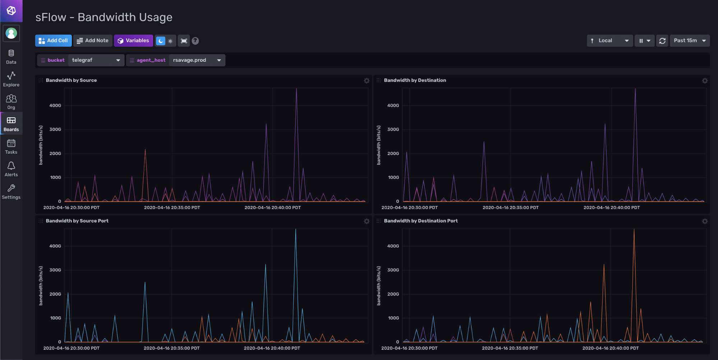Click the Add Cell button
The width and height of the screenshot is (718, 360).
click(x=53, y=41)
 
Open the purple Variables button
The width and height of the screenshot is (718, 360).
click(x=133, y=41)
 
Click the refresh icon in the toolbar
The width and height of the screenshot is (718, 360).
click(x=662, y=41)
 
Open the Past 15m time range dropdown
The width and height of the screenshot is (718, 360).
click(x=689, y=41)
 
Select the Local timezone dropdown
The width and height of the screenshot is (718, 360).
click(x=610, y=41)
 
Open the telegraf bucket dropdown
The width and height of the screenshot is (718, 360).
click(x=96, y=60)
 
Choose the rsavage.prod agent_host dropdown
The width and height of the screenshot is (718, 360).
click(x=196, y=60)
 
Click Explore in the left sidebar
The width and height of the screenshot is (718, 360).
click(x=11, y=79)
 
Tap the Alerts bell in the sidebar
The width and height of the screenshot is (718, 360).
click(x=11, y=169)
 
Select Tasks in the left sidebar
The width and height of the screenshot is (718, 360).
click(x=11, y=146)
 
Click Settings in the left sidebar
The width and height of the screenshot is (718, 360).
click(x=11, y=191)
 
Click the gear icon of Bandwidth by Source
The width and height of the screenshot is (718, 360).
click(x=366, y=80)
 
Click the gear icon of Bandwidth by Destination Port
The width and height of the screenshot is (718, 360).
click(x=705, y=221)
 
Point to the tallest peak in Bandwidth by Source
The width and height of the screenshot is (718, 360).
click(x=296, y=89)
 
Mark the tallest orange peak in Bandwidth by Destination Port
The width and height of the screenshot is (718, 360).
click(x=634, y=230)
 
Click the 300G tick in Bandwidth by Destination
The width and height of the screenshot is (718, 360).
click(x=393, y=129)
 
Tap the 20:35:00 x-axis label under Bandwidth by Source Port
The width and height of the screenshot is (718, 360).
click(x=171, y=348)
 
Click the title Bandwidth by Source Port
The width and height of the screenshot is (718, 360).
click(x=77, y=221)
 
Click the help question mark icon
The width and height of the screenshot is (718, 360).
click(x=195, y=41)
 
